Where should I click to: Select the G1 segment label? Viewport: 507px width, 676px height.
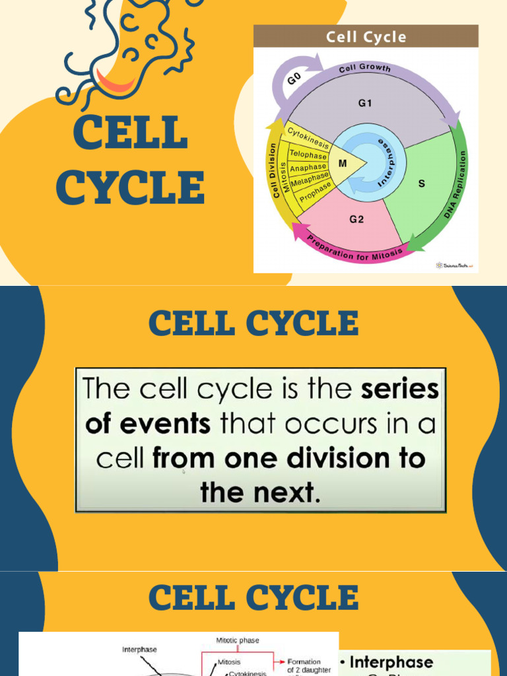tap(366, 103)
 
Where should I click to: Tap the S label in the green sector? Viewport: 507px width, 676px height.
tap(422, 184)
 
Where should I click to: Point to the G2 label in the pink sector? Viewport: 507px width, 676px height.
tap(356, 220)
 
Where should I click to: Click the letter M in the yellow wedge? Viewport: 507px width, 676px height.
tap(343, 162)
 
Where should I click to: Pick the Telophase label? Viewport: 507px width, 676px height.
tap(308, 155)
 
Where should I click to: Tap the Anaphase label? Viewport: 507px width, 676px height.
tap(308, 168)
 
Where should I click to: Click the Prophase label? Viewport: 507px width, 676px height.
tap(316, 192)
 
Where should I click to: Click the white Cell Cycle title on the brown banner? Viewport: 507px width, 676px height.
tap(366, 37)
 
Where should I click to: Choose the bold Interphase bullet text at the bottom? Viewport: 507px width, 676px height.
tap(391, 662)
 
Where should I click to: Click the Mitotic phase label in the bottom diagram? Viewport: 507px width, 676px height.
tap(238, 640)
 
